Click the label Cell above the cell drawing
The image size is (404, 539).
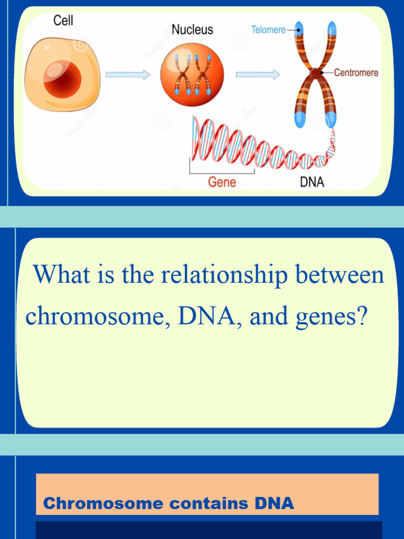63,22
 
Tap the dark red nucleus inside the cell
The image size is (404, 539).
63,79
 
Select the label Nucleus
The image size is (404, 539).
193,29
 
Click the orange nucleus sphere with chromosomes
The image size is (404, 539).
192,75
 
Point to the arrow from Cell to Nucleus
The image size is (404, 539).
128,75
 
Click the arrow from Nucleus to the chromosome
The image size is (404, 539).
258,75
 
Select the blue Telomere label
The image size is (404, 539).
268,29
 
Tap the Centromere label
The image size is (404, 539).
356,73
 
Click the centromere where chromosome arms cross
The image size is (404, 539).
316,73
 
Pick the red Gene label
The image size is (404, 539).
222,183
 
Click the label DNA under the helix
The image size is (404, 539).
312,183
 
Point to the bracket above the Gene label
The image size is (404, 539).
222,171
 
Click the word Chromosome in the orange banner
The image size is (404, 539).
103,504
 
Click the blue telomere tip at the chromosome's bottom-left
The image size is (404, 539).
300,120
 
